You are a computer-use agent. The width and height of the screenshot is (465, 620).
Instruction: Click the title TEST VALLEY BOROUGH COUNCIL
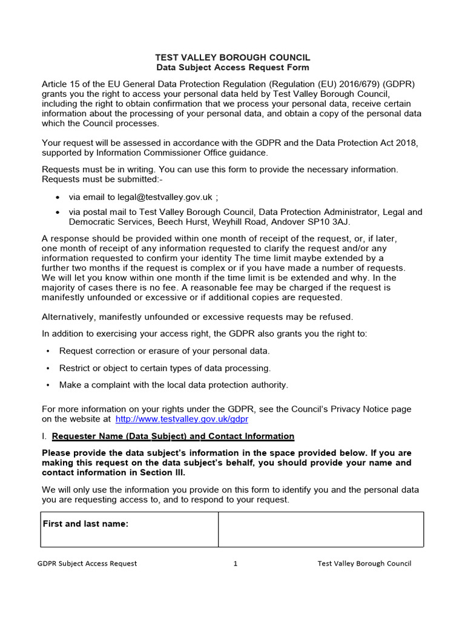[x=232, y=57]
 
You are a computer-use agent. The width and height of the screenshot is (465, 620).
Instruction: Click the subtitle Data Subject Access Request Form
[x=232, y=68]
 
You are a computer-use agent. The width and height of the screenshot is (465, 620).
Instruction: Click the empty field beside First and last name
[x=320, y=529]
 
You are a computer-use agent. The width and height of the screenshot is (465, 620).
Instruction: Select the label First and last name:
[x=85, y=524]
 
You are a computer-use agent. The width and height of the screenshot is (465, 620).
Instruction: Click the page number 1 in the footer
[x=236, y=564]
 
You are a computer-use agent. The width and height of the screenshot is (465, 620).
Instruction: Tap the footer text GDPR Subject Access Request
[x=87, y=564]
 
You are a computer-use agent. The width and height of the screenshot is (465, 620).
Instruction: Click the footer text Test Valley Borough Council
[x=364, y=564]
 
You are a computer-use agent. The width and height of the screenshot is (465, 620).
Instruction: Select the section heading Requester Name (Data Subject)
[x=173, y=436]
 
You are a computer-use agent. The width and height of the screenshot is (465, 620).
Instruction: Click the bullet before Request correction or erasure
[x=48, y=351]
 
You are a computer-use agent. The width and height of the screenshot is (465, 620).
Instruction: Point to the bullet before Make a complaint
[x=48, y=385]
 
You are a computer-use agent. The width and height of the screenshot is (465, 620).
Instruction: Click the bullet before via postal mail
[x=58, y=213]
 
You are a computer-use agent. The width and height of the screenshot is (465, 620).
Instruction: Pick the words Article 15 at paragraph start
[x=61, y=84]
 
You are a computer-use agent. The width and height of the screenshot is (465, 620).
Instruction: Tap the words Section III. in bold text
[x=163, y=473]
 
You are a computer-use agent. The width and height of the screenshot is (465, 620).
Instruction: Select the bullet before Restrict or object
[x=48, y=368]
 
